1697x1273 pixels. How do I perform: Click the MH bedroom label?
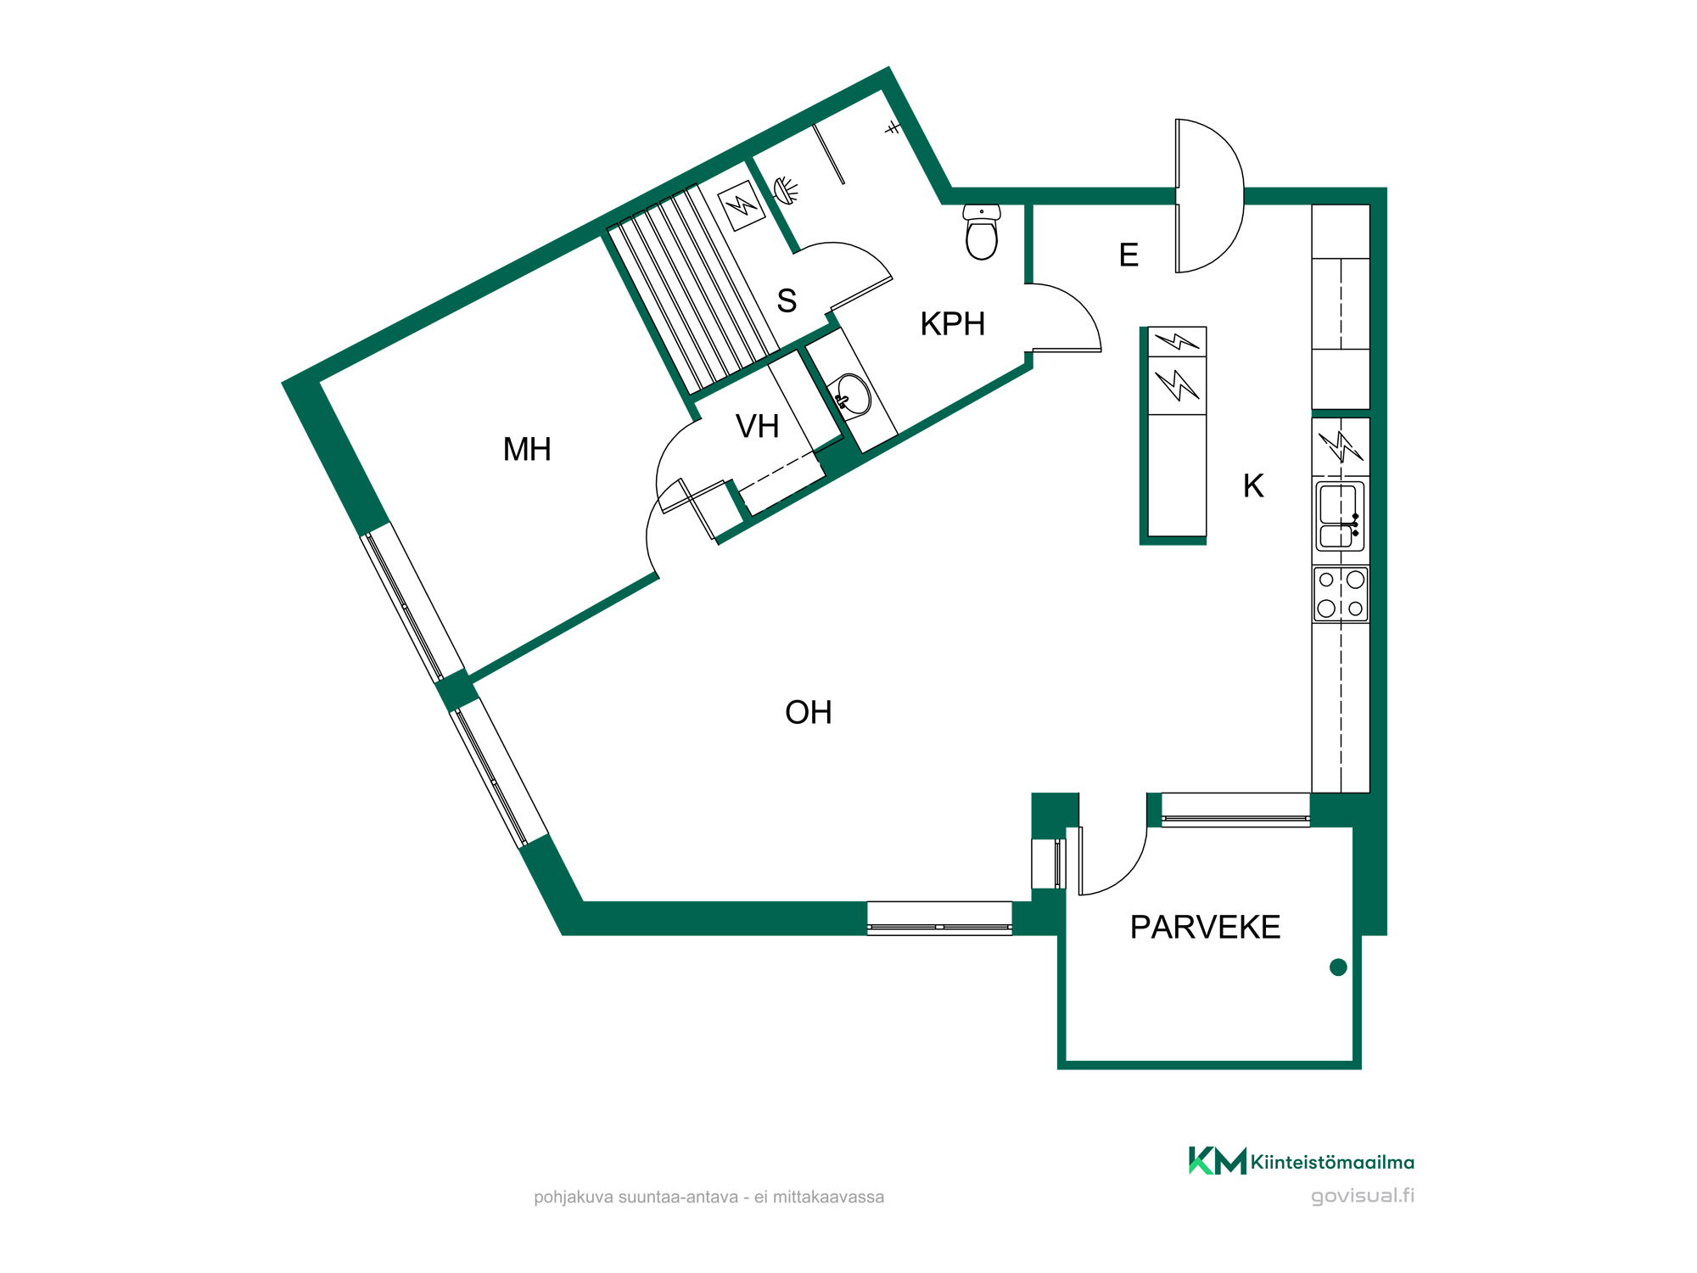click(x=527, y=449)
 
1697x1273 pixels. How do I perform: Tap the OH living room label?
click(x=809, y=712)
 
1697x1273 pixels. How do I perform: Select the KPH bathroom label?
click(x=953, y=323)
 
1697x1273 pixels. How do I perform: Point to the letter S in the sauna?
click(x=787, y=300)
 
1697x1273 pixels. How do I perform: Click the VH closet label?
click(x=757, y=426)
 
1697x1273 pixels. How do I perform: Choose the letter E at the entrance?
click(x=1129, y=255)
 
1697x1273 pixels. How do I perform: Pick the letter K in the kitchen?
click(x=1253, y=485)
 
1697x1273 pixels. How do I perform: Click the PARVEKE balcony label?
click(x=1205, y=927)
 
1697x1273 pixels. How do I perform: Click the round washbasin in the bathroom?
click(x=852, y=395)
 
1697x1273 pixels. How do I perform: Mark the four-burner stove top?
click(x=1341, y=594)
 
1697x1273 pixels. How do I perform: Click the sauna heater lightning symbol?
click(x=741, y=205)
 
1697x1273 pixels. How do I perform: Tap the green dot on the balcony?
click(x=1338, y=967)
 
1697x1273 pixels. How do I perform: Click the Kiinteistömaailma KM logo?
click(x=1218, y=1161)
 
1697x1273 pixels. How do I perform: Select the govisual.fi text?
click(x=1363, y=1196)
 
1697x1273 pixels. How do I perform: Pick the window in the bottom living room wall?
click(x=939, y=918)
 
